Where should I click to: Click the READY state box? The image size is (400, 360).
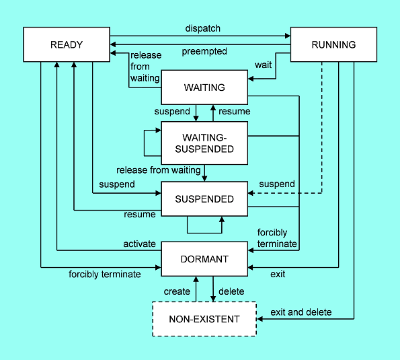tap(67, 44)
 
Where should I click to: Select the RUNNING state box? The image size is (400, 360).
tap(333, 44)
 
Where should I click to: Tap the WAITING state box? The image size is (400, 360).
tap(204, 87)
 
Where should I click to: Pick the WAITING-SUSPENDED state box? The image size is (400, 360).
tap(204, 143)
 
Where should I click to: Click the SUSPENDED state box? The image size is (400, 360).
tap(204, 199)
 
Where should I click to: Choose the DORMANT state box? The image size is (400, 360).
tap(204, 259)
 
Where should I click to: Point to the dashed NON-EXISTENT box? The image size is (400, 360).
tap(204, 319)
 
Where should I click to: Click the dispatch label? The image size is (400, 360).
tap(203, 28)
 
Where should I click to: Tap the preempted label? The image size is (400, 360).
tap(204, 51)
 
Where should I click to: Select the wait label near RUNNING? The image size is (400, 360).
tap(264, 65)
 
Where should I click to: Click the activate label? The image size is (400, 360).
tap(140, 244)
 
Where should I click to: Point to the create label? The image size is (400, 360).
tap(177, 291)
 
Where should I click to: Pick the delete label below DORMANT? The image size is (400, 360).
tap(231, 291)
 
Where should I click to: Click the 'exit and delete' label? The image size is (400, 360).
tap(301, 312)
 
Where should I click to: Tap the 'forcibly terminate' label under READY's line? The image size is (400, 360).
tap(105, 275)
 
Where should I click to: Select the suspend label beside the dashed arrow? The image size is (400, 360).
tap(277, 184)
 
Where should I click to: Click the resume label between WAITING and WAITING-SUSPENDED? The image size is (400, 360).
tap(235, 111)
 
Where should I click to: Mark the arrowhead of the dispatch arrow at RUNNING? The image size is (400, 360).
tap(288, 36)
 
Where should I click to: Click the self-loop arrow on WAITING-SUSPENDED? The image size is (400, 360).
tap(145, 143)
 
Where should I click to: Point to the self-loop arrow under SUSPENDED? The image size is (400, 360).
tap(204, 233)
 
